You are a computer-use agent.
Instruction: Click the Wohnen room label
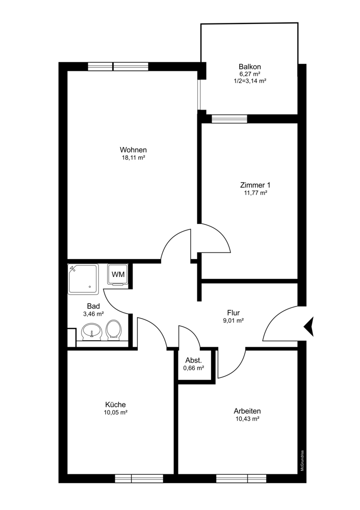(x=133, y=150)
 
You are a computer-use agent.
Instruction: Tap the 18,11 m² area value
(x=133, y=158)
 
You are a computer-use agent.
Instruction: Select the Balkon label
(x=250, y=67)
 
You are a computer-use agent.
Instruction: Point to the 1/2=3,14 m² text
(x=250, y=81)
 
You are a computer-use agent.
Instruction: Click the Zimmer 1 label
(x=255, y=185)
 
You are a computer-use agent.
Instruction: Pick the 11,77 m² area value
(x=255, y=193)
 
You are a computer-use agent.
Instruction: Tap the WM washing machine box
(x=118, y=274)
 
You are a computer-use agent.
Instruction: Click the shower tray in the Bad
(x=83, y=279)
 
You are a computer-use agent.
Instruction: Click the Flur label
(x=234, y=313)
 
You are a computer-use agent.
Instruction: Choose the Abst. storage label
(x=194, y=360)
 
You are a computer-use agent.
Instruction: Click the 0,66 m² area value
(x=194, y=368)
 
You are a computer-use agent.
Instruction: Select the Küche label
(x=116, y=404)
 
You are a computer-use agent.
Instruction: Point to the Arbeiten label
(x=247, y=411)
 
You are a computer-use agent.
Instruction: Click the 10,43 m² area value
(x=247, y=419)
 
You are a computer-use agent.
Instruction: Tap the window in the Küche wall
(x=139, y=478)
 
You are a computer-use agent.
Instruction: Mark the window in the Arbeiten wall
(x=241, y=478)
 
